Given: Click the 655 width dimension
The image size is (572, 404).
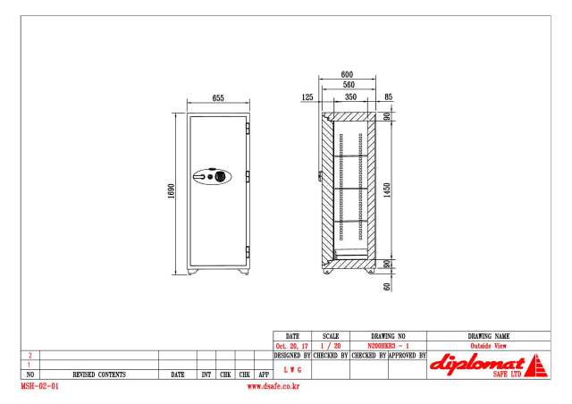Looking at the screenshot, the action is pos(218,97).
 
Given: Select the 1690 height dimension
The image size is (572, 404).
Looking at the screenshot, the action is pos(171,191).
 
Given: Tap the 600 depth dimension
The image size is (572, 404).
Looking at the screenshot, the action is pos(347,74).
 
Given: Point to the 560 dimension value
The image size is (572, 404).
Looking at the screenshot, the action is pos(349,85).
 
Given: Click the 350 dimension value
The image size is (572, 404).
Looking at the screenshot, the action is pos(350,97).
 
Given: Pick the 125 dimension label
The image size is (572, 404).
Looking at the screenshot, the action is pos(307,97).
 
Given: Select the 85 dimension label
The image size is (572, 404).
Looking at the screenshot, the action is pos(389,97).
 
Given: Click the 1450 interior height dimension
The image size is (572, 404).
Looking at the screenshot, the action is pos(387,190).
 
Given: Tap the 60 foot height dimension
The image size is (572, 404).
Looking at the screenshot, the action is pos(387,287).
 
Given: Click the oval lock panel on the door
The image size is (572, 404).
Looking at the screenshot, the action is pos(213,177).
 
